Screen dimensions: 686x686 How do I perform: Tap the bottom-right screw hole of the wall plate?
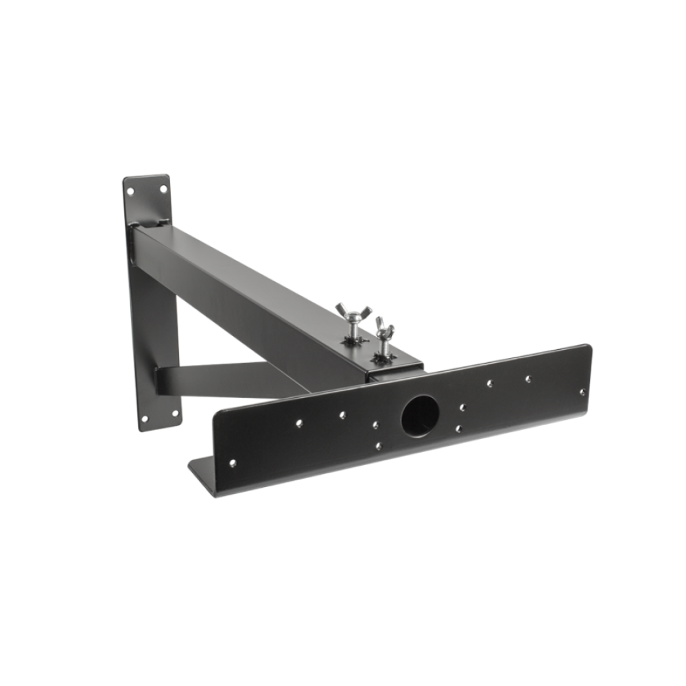[x=175, y=414]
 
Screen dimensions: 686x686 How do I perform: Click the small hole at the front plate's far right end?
[x=582, y=392]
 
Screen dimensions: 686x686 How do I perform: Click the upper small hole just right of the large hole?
[x=464, y=407]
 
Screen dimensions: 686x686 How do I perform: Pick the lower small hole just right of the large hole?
[x=458, y=429]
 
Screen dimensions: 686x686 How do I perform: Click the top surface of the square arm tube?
[x=261, y=274]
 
